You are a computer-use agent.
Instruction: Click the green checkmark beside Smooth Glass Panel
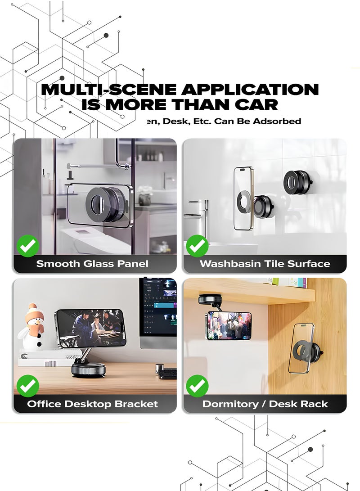click(28, 246)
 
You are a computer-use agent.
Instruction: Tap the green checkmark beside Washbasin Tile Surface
click(197, 246)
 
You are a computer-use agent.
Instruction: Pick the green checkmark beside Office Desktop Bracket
click(28, 386)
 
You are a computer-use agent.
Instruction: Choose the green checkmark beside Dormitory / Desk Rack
click(197, 386)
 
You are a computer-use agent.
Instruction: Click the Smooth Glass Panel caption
click(92, 264)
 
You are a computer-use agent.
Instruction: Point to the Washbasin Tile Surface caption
click(265, 264)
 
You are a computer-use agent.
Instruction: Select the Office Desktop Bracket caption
click(93, 404)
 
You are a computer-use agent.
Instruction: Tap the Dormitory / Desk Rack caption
click(265, 404)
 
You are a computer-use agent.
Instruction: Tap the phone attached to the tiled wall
click(243, 198)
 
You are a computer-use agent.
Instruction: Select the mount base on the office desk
click(88, 370)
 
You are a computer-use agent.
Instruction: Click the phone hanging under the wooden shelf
click(229, 325)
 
